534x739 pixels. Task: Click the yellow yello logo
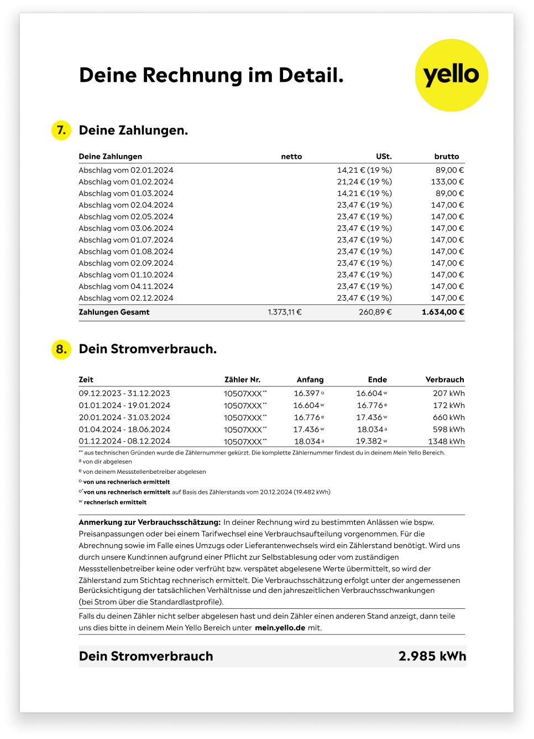pos(451,75)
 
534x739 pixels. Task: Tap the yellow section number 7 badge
pos(61,130)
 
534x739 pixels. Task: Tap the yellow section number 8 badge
pos(61,349)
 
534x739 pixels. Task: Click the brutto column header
pos(447,157)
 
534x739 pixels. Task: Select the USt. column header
pos(384,157)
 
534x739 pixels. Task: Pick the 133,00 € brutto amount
pos(447,182)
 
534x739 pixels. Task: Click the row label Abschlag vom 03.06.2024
pos(126,228)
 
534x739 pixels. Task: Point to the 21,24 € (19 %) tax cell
pos(364,182)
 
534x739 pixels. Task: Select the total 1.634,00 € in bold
pos(442,312)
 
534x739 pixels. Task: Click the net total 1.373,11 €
pos(285,312)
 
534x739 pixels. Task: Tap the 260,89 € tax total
pos(375,312)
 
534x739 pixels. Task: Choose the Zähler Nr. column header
pos(242,380)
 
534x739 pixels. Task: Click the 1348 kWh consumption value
pos(446,441)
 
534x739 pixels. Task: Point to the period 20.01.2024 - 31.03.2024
pos(124,417)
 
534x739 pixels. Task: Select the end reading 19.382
pos(369,441)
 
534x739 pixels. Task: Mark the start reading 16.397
pos(307,393)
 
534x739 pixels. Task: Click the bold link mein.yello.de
pos(280,628)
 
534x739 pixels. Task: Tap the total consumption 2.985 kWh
pos(432,656)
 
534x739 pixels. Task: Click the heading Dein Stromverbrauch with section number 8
pos(148,349)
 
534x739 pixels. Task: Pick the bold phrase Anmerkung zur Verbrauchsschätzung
pos(150,522)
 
